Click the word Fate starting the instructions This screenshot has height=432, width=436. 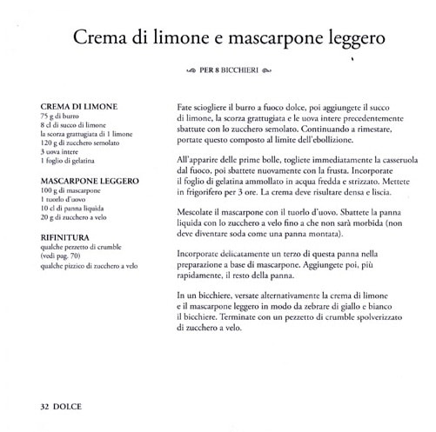click(x=184, y=105)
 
